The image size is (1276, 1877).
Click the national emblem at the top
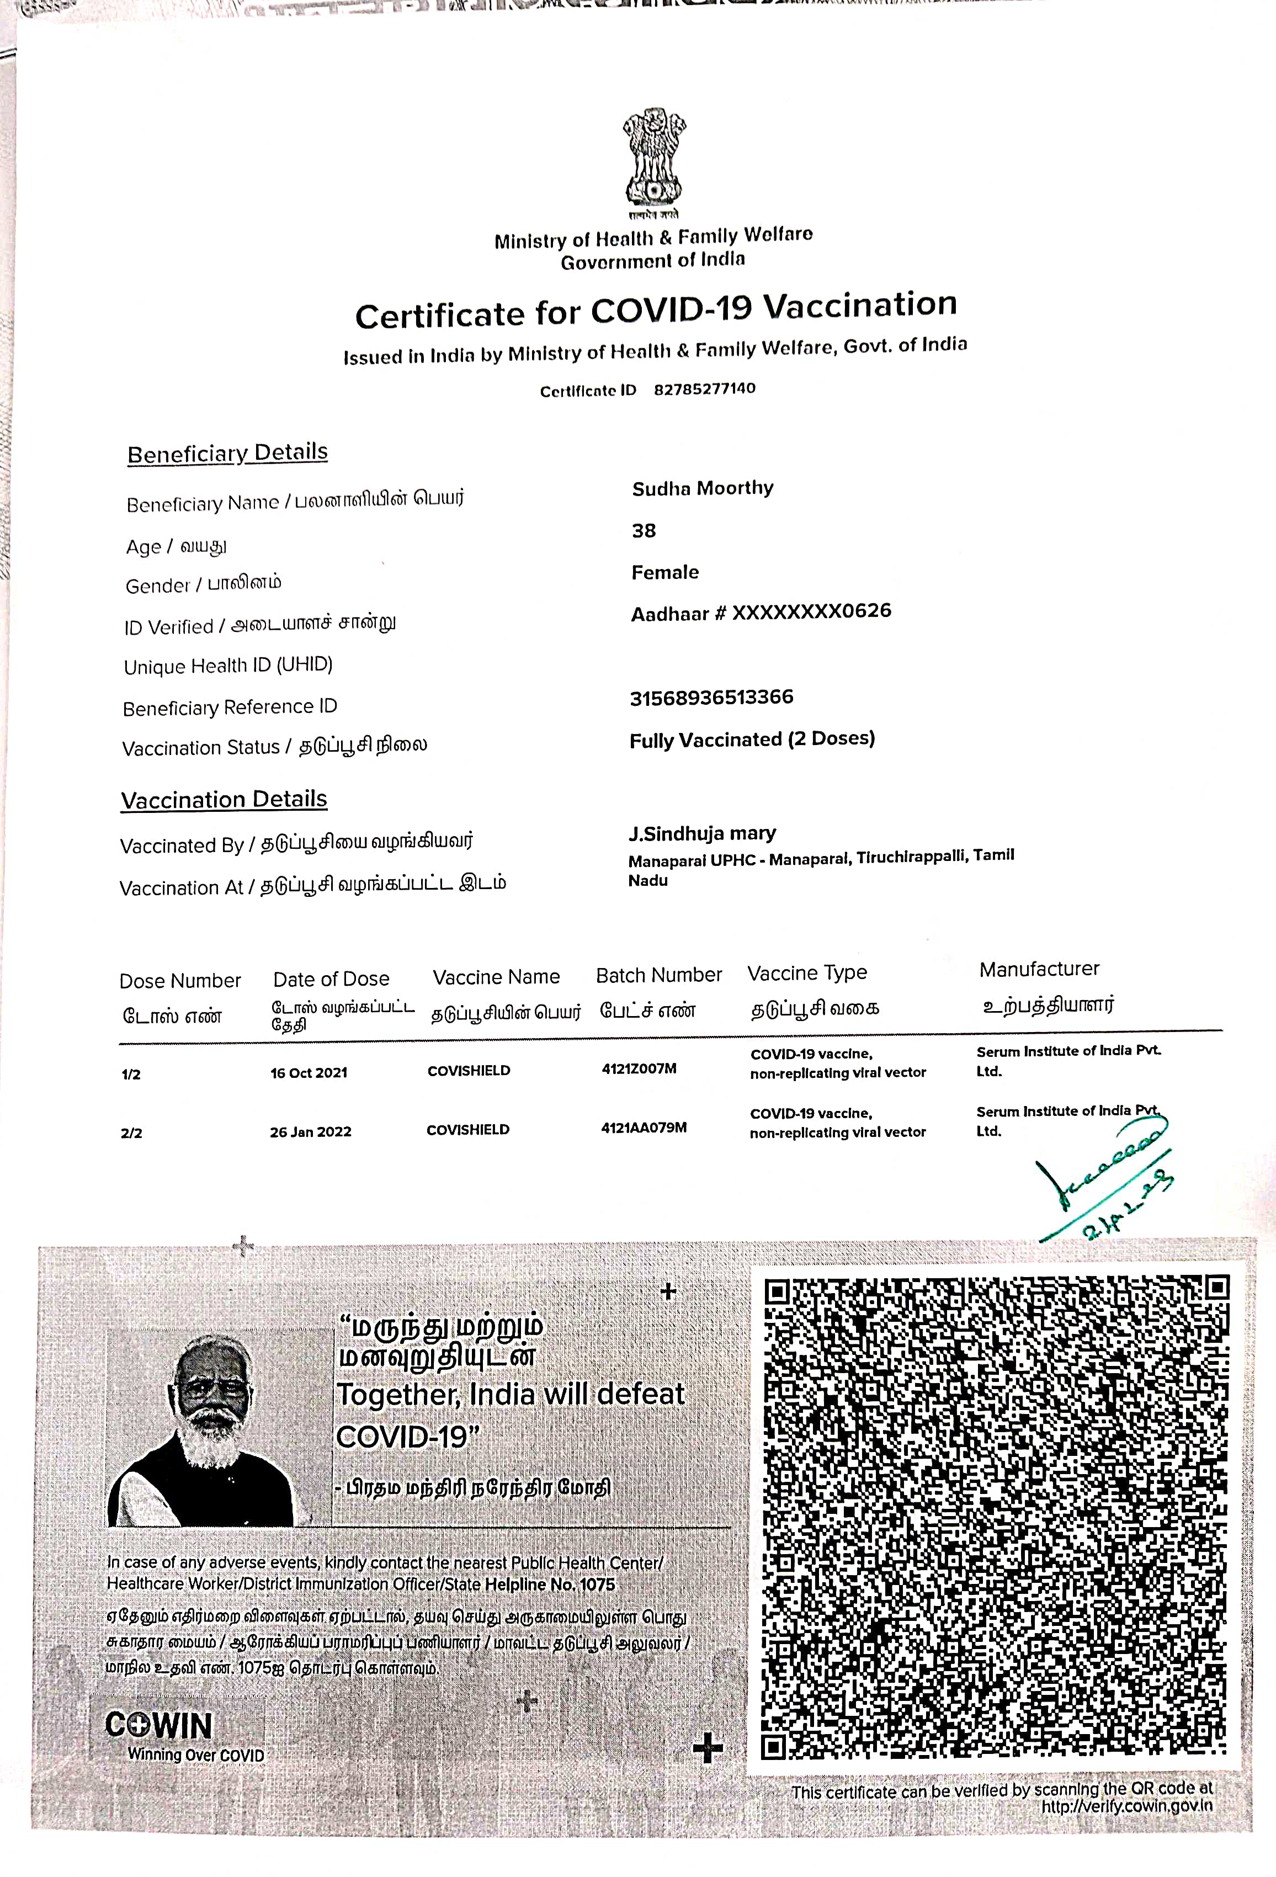coord(653,157)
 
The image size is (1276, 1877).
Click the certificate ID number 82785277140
coord(704,389)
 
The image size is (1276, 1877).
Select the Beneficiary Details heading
coord(228,453)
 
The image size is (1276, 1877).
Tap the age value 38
coord(644,530)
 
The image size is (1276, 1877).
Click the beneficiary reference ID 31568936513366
coord(711,697)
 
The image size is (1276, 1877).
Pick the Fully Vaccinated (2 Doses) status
coord(752,739)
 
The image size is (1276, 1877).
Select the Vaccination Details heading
coord(224,800)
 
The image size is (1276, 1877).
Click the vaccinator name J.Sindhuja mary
coord(702,833)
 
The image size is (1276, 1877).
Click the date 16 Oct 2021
coord(309,1072)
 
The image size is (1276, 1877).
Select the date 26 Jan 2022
coord(310,1131)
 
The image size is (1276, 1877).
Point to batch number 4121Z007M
coord(639,1068)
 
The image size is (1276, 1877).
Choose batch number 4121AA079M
coord(644,1128)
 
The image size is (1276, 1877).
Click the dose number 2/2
coord(132,1133)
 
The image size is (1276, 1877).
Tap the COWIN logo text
coord(159,1726)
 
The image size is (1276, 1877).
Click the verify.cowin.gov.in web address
coord(1126,1806)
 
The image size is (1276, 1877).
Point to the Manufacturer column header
coord(1039,969)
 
